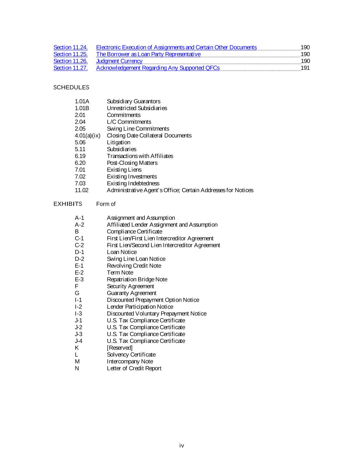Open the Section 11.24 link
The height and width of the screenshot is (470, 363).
click(71, 48)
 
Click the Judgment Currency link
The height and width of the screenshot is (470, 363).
click(119, 61)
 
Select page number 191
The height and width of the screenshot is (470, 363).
click(305, 68)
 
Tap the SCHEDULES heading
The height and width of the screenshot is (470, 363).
click(71, 87)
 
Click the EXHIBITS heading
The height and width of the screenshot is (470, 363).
click(68, 204)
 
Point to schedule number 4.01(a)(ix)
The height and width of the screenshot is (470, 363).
click(87, 136)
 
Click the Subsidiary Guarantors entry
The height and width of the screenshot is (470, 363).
click(134, 102)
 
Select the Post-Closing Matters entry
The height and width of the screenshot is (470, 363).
click(132, 163)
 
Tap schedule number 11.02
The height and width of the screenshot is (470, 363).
click(82, 190)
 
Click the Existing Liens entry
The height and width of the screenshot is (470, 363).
click(124, 170)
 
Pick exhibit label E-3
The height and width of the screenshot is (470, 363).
click(79, 280)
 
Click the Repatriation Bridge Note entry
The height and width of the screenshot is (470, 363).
click(137, 280)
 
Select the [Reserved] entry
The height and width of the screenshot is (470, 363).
click(119, 348)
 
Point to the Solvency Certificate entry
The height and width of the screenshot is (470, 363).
click(131, 355)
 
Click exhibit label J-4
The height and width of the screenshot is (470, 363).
click(78, 341)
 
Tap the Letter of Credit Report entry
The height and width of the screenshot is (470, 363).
click(134, 368)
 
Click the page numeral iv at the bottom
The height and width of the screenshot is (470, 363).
click(182, 446)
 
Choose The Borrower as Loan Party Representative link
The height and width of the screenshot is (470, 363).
click(148, 54)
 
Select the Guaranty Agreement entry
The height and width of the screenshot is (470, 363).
click(131, 293)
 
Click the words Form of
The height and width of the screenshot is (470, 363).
click(106, 204)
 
